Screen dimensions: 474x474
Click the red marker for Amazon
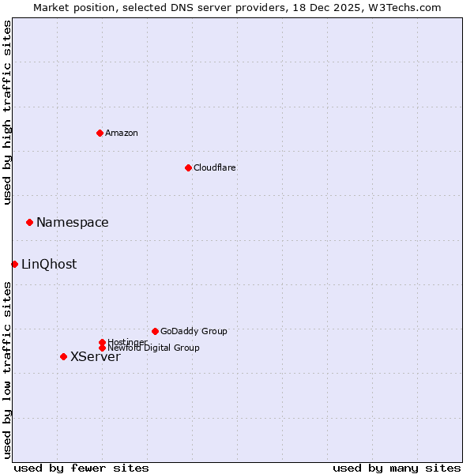click(x=100, y=133)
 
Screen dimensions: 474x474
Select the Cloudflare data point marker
click(x=188, y=167)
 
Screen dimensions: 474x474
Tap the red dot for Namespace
click(x=29, y=222)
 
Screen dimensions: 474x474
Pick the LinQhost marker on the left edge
click(x=14, y=264)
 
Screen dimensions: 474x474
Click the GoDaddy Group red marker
click(x=155, y=331)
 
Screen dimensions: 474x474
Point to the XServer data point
click(x=63, y=356)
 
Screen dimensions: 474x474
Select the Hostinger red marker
click(x=102, y=342)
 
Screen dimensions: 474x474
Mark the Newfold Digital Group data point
click(x=102, y=348)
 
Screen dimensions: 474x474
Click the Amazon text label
click(x=122, y=133)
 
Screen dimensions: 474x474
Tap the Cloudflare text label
click(x=215, y=167)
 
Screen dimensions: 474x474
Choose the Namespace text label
click(x=73, y=223)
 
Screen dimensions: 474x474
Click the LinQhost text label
click(x=49, y=265)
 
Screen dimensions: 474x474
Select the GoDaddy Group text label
click(x=194, y=331)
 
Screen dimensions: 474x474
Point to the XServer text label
click(x=96, y=357)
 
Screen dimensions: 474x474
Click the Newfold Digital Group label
click(x=154, y=348)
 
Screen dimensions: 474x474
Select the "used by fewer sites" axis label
click(x=81, y=468)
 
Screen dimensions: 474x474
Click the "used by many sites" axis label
click(x=397, y=468)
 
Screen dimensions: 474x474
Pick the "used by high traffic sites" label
click(x=7, y=112)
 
